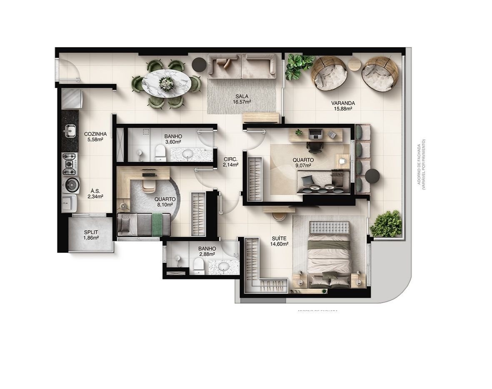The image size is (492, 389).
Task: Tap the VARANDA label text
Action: pyautogui.click(x=343, y=103)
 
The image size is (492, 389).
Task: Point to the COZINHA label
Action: pyautogui.click(x=95, y=134)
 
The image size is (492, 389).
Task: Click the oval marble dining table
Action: pyautogui.click(x=167, y=83)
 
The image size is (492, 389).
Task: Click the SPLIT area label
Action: pyautogui.click(x=91, y=232)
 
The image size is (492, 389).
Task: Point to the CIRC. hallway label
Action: pyautogui.click(x=230, y=159)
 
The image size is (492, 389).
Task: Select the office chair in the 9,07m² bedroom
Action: pyautogui.click(x=314, y=146)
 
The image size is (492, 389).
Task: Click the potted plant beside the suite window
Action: pyautogui.click(x=388, y=224)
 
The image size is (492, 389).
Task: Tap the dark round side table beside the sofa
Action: pyautogui.click(x=200, y=63)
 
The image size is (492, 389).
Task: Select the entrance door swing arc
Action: pyautogui.click(x=68, y=69)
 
